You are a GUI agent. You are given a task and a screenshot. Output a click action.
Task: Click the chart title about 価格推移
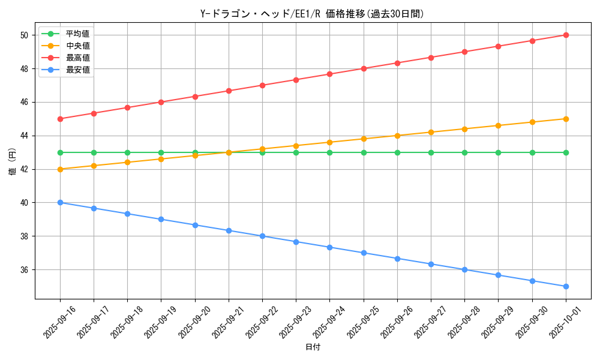[312, 14]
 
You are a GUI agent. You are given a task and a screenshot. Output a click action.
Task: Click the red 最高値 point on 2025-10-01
[566, 35]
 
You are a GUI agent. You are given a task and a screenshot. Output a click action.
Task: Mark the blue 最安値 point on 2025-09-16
[60, 202]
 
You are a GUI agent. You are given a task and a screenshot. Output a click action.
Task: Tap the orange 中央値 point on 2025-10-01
[566, 119]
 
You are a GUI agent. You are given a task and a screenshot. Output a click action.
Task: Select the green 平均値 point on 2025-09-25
[364, 152]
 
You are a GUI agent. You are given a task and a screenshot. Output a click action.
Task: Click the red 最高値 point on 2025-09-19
[161, 102]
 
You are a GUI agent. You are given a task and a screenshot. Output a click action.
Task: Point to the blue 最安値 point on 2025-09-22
[262, 236]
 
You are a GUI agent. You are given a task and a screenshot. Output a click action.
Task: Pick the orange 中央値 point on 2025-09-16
[60, 169]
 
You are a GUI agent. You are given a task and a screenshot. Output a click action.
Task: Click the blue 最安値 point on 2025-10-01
[566, 286]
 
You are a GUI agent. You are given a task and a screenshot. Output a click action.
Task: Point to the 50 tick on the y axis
[25, 35]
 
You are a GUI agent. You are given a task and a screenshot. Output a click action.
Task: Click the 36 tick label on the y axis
[25, 270]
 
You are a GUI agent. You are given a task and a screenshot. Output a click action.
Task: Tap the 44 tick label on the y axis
[25, 136]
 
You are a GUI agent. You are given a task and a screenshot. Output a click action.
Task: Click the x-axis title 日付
[313, 347]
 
